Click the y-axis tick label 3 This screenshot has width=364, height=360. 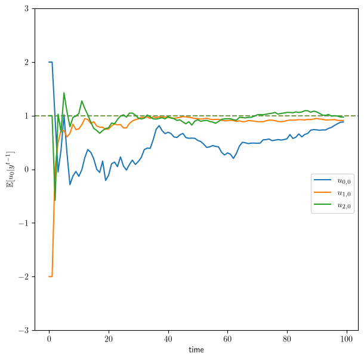pyautogui.click(x=26, y=9)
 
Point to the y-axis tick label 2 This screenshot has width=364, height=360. pyautogui.click(x=26, y=62)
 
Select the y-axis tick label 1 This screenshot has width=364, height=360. pyautogui.click(x=26, y=116)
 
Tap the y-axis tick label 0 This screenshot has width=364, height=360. pyautogui.click(x=26, y=170)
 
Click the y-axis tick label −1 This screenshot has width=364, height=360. pyautogui.click(x=24, y=223)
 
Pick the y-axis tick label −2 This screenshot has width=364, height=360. pyautogui.click(x=24, y=276)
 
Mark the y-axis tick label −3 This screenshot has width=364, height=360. pyautogui.click(x=24, y=330)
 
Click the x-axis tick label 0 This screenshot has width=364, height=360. pyautogui.click(x=49, y=339)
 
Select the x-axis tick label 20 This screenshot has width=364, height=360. pyautogui.click(x=109, y=339)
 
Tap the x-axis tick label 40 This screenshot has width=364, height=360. pyautogui.click(x=168, y=339)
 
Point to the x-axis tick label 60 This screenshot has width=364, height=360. pyautogui.click(x=227, y=339)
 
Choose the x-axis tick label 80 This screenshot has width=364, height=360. pyautogui.click(x=287, y=339)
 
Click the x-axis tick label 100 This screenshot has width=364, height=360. pyautogui.click(x=346, y=339)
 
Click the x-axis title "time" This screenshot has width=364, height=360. pyautogui.click(x=196, y=350)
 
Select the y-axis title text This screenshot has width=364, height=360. pyautogui.click(x=11, y=170)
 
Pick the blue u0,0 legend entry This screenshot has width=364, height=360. pyautogui.click(x=332, y=181)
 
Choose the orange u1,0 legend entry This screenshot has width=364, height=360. pyautogui.click(x=332, y=193)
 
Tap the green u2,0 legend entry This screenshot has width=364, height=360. pyautogui.click(x=332, y=205)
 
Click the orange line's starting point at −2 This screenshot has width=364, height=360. pyautogui.click(x=49, y=276)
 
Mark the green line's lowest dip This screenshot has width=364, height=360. pyautogui.click(x=55, y=200)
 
